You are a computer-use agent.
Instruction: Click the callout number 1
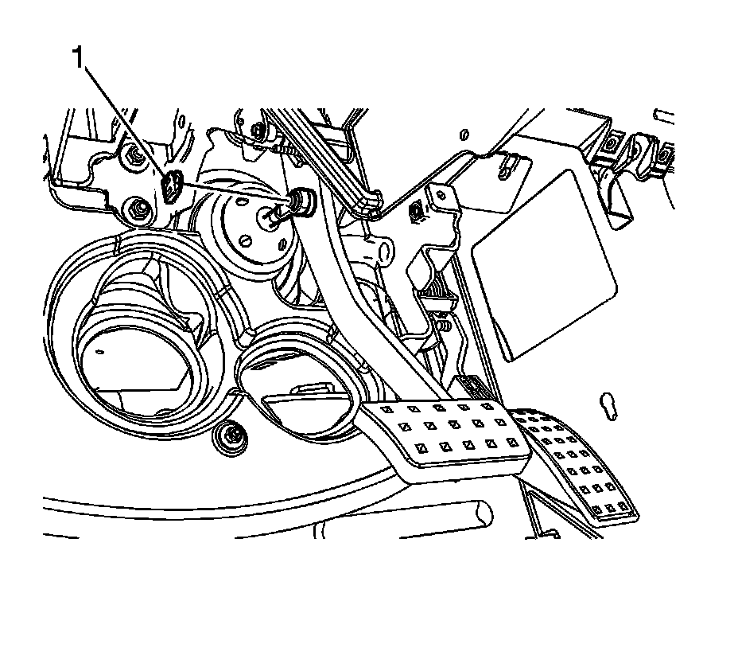pos(77,57)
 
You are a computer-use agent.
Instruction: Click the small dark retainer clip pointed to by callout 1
pos(170,186)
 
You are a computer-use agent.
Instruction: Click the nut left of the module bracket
pos(415,212)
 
